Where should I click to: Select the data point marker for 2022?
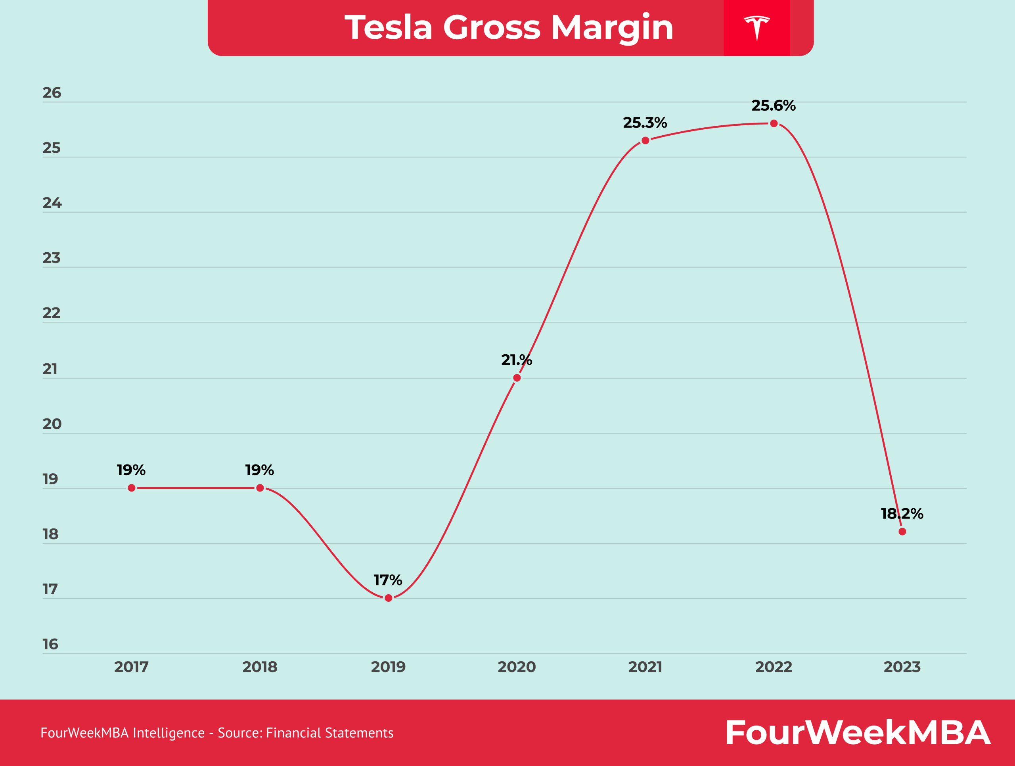pos(774,123)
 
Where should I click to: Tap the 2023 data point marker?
pos(902,532)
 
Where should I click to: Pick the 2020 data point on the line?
pos(517,378)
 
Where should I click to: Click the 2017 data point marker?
pos(132,488)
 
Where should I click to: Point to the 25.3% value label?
pos(645,123)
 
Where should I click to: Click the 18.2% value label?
pos(902,514)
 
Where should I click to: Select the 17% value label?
pos(388,580)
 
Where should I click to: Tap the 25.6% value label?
pos(773,106)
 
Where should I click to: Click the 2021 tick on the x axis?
pos(645,667)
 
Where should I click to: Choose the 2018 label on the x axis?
pos(260,667)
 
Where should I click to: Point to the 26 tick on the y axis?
pos(52,93)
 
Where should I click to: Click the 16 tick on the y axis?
pos(50,644)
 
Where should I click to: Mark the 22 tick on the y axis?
pos(52,313)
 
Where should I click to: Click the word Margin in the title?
pos(612,27)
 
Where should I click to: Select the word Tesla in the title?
pos(389,27)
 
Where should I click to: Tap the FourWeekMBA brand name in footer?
pos(857,733)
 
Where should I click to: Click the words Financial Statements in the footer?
pos(329,733)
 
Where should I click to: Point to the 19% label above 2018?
pos(259,470)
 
